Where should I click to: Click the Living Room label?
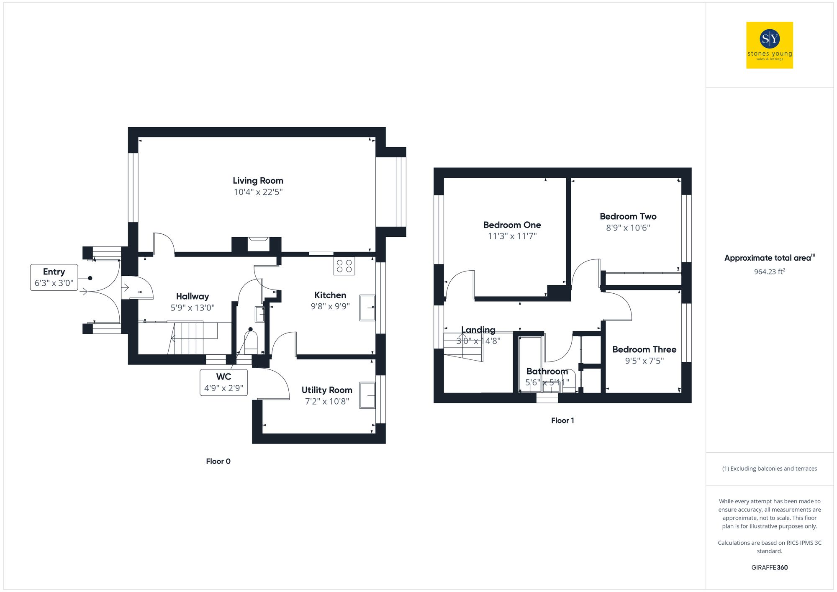(258, 181)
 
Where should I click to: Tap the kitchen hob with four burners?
(344, 266)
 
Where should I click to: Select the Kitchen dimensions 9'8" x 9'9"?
(330, 306)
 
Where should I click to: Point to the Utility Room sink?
(367, 395)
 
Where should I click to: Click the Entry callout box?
(54, 277)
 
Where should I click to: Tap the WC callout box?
(223, 382)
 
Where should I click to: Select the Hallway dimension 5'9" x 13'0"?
(193, 308)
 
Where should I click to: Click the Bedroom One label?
(512, 225)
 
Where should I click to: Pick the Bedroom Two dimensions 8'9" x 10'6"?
(628, 228)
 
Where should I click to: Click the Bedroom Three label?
(644, 350)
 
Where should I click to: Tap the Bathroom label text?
(547, 372)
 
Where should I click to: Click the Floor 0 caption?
(218, 461)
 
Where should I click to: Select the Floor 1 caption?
(562, 421)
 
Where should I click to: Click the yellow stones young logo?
(769, 45)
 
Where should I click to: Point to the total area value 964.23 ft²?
(769, 272)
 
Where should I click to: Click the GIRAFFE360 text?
(769, 568)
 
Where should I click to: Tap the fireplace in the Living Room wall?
(258, 244)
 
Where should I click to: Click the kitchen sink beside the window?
(367, 308)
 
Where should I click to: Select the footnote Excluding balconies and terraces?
(769, 469)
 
